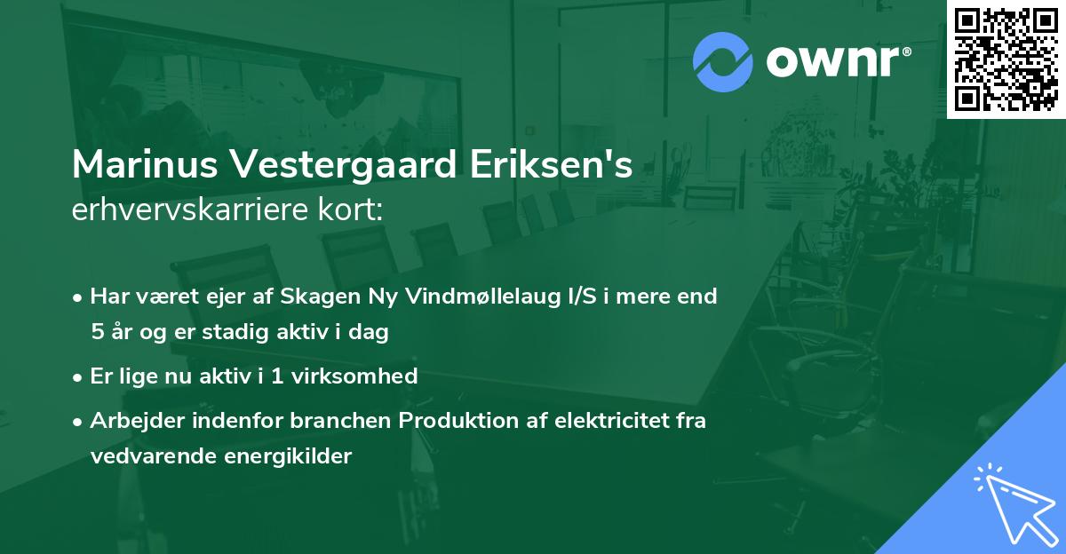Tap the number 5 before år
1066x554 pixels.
pos(97,333)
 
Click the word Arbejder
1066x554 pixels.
pos(131,421)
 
